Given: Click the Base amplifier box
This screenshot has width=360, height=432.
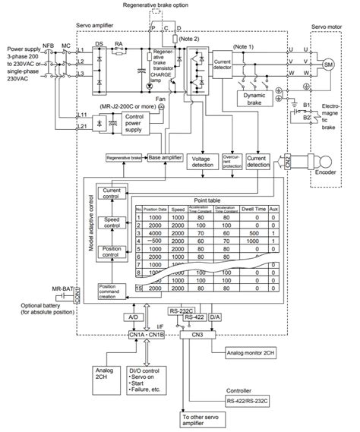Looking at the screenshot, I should (x=166, y=158).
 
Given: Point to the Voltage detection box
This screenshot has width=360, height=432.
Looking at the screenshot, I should (x=202, y=163).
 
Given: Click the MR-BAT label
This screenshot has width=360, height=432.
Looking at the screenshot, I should (x=62, y=289).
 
